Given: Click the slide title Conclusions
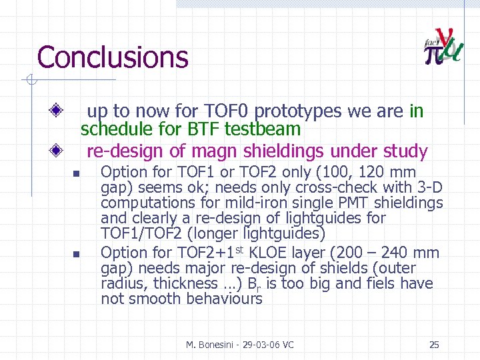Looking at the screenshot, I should click(113, 57).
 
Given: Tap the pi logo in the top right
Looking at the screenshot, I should click(442, 47).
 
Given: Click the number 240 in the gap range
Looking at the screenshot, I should click(401, 253).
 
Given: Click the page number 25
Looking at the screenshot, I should click(434, 345).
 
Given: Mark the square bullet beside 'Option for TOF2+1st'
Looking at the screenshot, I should click(76, 254).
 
